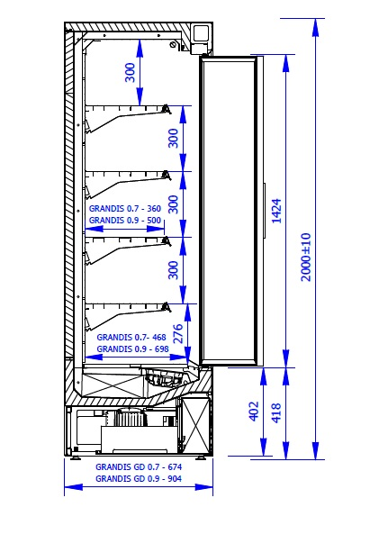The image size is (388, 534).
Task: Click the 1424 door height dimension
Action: pyautogui.click(x=277, y=211)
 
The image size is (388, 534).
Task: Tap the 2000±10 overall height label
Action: pyautogui.click(x=306, y=257)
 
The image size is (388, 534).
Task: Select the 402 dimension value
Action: pyautogui.click(x=254, y=412)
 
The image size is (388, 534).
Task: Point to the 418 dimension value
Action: pyautogui.click(x=276, y=412)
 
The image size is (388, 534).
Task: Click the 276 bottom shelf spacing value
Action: pyautogui.click(x=178, y=333)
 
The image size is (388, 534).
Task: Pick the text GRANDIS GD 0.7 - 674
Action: pyautogui.click(x=139, y=466)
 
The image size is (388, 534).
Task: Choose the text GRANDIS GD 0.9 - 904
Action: pyautogui.click(x=139, y=479)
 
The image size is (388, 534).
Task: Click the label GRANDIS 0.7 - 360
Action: pyautogui.click(x=125, y=208)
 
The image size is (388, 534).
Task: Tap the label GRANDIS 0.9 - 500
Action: pyautogui.click(x=125, y=221)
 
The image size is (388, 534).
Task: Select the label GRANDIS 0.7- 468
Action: pyautogui.click(x=131, y=337)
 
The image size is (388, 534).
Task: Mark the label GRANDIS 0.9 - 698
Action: pyautogui.click(x=132, y=349)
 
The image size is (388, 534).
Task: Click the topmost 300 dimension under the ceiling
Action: pyautogui.click(x=131, y=73)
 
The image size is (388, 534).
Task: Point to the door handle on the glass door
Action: pyautogui.click(x=264, y=210)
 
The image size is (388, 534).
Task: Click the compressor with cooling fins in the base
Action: pyautogui.click(x=131, y=418)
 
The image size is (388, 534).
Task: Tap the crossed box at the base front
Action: pyautogui.click(x=195, y=425)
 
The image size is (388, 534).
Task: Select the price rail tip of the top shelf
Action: pyautogui.click(x=167, y=109)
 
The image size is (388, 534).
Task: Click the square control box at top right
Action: pyautogui.click(x=202, y=34)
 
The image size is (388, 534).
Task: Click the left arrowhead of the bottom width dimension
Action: pyautogui.click(x=74, y=487)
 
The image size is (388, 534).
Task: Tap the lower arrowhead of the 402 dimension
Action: pyautogui.click(x=264, y=447)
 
